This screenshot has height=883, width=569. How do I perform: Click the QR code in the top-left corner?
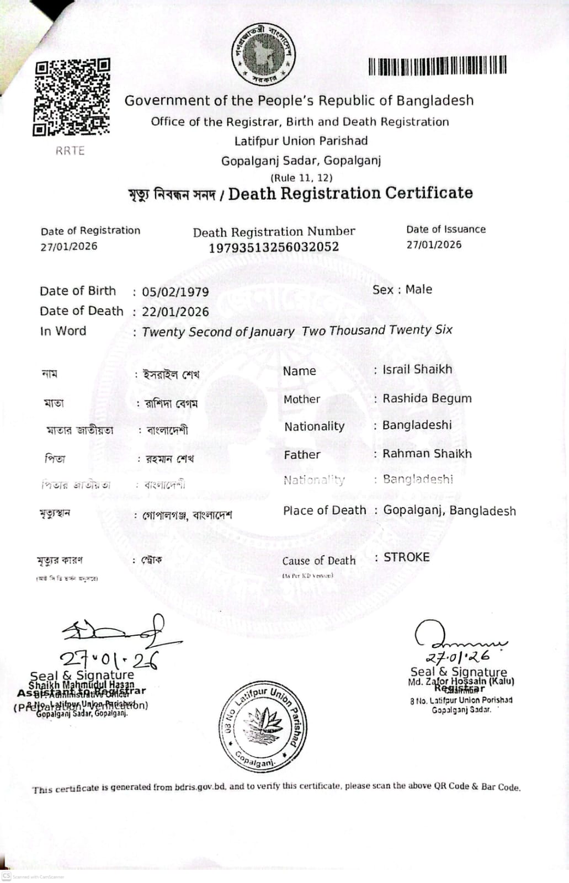[72, 97]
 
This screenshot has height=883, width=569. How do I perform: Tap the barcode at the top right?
[437, 66]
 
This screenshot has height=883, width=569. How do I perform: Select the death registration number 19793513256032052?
[274, 247]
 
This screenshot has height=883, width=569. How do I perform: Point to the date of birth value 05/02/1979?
[176, 292]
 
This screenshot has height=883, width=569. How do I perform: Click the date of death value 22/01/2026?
[176, 312]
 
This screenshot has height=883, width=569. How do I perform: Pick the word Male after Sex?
[419, 290]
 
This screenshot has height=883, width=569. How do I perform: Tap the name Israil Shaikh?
[417, 369]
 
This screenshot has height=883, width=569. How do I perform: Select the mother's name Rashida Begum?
[427, 398]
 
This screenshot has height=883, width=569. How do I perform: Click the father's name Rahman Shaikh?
[427, 454]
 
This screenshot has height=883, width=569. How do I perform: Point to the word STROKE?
[407, 557]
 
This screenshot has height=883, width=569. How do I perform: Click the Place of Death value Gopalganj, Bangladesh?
[450, 511]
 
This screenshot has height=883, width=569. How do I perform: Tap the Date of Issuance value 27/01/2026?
[434, 245]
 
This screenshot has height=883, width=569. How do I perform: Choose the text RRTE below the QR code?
[70, 151]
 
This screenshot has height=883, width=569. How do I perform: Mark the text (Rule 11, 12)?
[301, 178]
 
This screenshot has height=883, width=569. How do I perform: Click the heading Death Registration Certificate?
[350, 193]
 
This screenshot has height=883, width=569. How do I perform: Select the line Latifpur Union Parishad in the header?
[301, 141]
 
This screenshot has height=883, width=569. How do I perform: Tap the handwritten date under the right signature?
[458, 657]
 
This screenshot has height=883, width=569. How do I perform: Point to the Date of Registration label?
[91, 231]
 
